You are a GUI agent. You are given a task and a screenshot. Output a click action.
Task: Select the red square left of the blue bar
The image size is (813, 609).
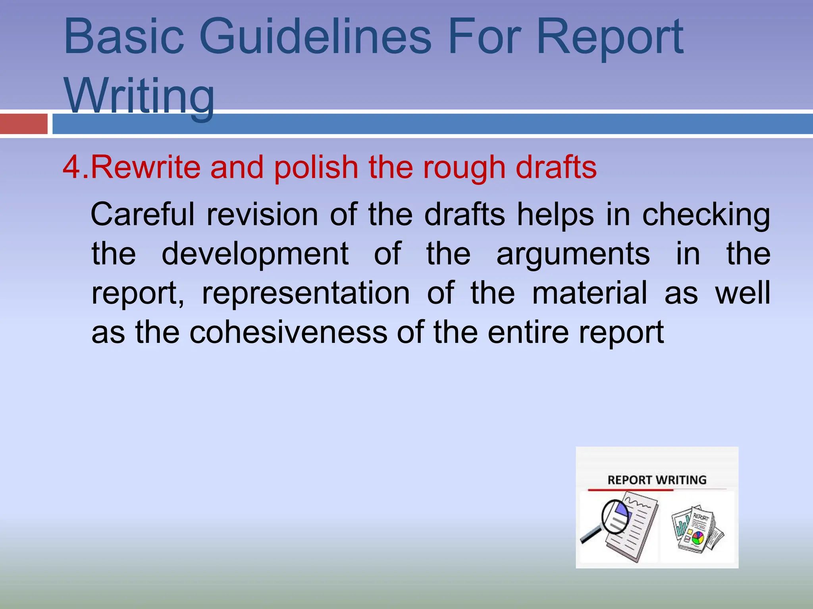23,124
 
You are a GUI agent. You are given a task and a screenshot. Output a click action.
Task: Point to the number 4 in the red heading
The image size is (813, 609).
71,167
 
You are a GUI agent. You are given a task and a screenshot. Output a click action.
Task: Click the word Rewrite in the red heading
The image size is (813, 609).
146,167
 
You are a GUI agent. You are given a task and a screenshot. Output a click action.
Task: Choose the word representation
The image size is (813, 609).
306,294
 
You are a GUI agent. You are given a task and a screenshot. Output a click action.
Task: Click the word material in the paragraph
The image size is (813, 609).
589,293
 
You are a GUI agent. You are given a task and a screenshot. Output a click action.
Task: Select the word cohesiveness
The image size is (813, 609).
288,332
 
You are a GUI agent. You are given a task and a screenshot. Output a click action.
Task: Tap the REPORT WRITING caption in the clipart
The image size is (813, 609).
657,480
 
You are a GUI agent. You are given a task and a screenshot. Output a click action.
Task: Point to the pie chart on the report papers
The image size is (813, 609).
697,538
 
